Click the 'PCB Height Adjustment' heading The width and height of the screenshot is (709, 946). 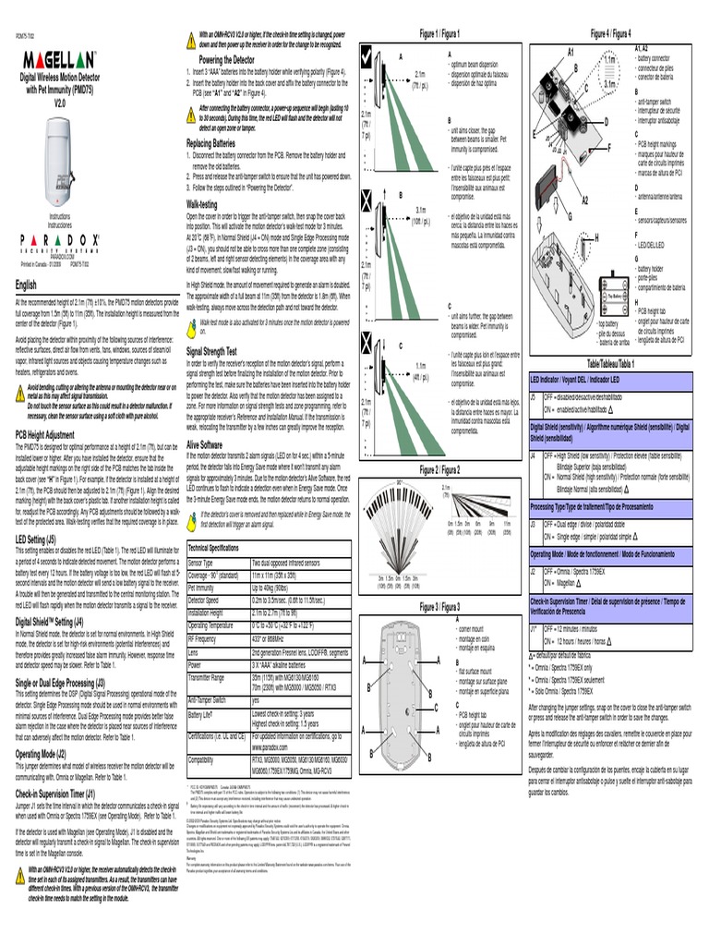tap(45, 434)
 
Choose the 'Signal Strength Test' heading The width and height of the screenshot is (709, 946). tap(211, 352)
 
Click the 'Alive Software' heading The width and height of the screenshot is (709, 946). tap(204, 444)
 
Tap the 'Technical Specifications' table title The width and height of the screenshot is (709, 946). tap(213, 548)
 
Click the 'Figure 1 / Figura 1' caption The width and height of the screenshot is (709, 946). tap(440, 33)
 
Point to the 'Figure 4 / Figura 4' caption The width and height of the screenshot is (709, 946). tap(610, 33)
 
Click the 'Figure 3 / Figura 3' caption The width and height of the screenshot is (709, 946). tap(440, 606)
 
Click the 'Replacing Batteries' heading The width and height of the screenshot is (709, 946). tap(210, 143)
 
